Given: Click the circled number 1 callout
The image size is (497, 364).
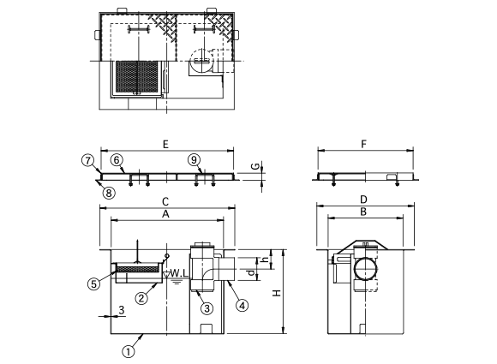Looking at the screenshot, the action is pos(129,352).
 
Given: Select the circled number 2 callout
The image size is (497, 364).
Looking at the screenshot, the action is pos(141,298).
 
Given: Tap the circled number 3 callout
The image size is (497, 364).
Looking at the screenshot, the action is pos(207,308).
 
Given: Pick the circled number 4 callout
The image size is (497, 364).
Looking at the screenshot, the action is pos(242,306).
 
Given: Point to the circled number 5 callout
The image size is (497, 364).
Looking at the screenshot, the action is pos(93,283).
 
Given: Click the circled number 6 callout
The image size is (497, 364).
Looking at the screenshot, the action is pos(117,160).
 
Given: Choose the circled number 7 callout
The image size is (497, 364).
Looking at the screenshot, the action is pos(87,160).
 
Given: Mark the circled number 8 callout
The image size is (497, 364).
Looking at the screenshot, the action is pos(109,193).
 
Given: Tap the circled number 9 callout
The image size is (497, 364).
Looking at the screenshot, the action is pos(194,160).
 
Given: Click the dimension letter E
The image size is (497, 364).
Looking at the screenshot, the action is pos(165,145).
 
